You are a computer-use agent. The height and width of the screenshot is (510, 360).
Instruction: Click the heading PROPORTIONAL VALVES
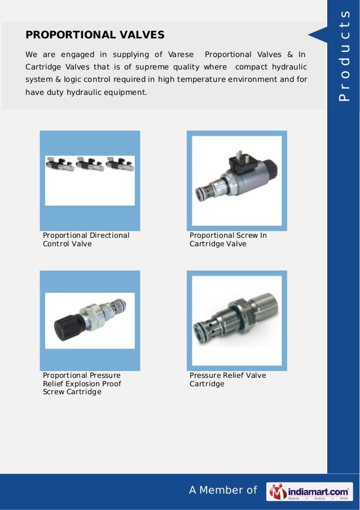pyautogui.click(x=95, y=35)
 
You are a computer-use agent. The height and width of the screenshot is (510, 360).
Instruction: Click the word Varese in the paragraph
pyautogui.click(x=181, y=54)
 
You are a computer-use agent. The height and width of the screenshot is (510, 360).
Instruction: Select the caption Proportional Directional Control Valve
pyautogui.click(x=86, y=239)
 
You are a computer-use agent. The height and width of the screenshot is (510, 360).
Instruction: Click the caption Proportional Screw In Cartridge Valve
pyautogui.click(x=228, y=239)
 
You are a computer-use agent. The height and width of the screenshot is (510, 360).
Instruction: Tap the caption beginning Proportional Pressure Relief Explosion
pyautogui.click(x=82, y=383)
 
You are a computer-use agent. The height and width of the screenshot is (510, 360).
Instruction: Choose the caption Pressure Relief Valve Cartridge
pyautogui.click(x=228, y=379)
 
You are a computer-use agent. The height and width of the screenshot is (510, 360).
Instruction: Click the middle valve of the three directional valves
pyautogui.click(x=90, y=164)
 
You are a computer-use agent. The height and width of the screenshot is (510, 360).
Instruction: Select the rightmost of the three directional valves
pyautogui.click(x=120, y=164)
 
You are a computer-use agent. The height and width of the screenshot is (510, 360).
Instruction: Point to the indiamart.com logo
pyautogui.click(x=309, y=491)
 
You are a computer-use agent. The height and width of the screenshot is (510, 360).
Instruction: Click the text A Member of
pyautogui.click(x=223, y=490)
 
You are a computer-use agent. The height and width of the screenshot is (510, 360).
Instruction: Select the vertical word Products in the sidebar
pyautogui.click(x=344, y=55)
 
